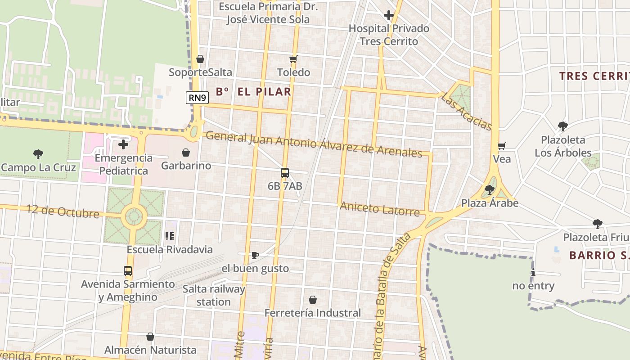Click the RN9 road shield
coord(198,97)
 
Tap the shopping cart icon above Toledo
coord(293,59)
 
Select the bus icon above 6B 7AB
coord(284,172)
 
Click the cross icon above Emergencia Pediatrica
coord(123,144)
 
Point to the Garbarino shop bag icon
coord(185,153)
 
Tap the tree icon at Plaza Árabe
coord(490,190)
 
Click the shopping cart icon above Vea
coord(502,146)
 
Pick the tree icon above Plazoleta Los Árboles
coord(562,126)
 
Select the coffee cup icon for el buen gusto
coord(255,256)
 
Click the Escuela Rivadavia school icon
coord(170,236)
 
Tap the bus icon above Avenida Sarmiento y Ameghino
coord(128,271)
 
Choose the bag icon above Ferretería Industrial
coord(313,299)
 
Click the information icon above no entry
coord(533,272)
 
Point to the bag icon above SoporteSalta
coord(200,59)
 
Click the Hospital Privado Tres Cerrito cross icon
coord(389,15)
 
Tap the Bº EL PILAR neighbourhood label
coord(253,92)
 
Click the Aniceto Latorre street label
coord(380,209)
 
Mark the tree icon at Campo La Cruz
coord(38,154)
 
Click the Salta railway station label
coord(214,295)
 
